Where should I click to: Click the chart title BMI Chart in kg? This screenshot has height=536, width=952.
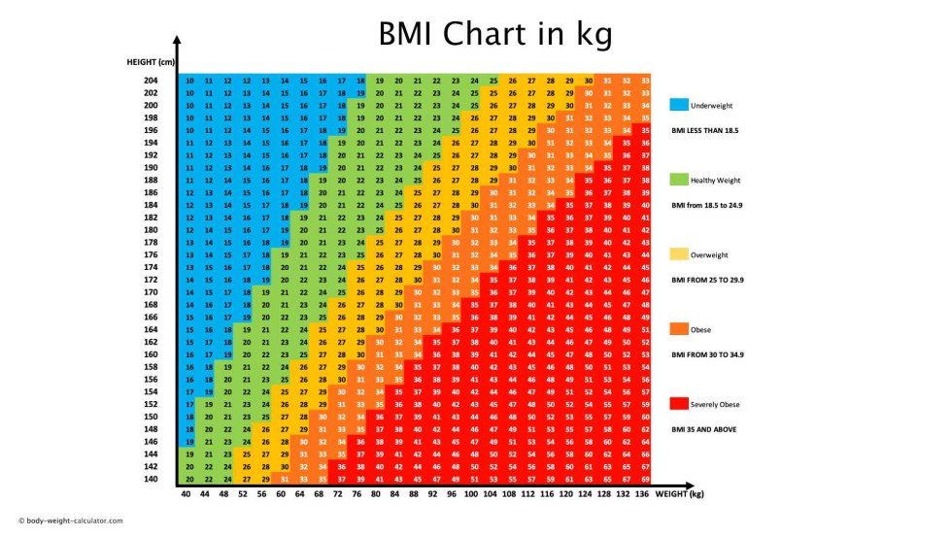click(495, 35)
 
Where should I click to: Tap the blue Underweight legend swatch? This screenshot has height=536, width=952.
click(678, 104)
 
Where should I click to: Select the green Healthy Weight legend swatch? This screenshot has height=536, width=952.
click(678, 180)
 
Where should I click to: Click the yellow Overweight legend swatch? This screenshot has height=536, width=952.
click(678, 254)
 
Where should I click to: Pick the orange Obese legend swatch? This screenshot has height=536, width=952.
click(678, 329)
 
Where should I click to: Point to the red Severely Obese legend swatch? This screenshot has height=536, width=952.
click(678, 403)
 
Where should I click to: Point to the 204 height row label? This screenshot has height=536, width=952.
click(150, 81)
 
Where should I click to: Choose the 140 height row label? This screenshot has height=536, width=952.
click(150, 479)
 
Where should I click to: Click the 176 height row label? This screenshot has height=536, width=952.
click(150, 254)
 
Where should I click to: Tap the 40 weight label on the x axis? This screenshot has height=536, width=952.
click(186, 495)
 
